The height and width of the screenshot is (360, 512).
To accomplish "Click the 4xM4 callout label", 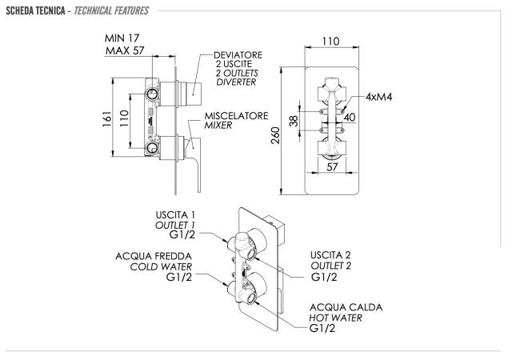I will (x=383, y=97).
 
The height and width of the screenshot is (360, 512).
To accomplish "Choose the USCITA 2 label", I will (x=333, y=254).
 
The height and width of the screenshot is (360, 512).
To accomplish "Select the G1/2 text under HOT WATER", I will (x=324, y=329).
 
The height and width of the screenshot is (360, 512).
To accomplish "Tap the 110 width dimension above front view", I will (x=330, y=41).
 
